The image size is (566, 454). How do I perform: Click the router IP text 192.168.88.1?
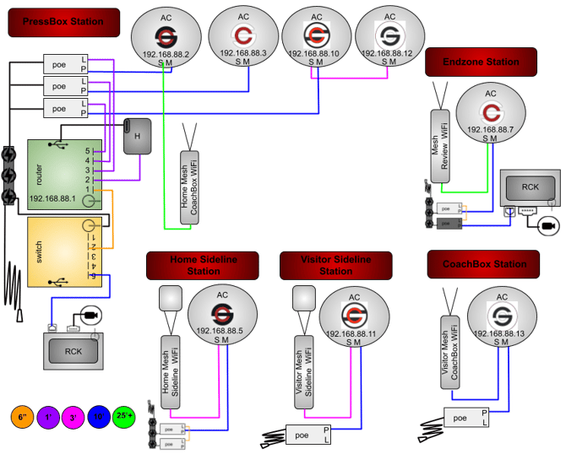coord(52,199)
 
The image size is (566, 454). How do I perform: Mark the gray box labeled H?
coord(136,136)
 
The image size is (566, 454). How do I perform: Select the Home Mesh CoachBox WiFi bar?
coord(193,186)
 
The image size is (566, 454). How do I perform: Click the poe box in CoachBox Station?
coord(465,417)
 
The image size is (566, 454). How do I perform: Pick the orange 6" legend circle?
coord(19,416)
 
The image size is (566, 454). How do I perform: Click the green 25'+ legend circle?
coord(128,416)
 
